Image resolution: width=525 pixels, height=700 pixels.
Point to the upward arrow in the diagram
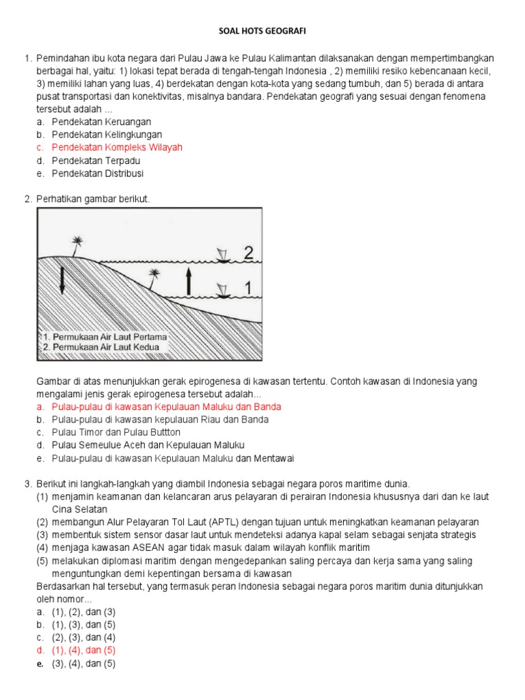188,280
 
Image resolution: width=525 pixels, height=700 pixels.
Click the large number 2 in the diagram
251,252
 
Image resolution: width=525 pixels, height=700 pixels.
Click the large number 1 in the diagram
251,289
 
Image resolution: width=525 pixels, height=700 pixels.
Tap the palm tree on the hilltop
77,245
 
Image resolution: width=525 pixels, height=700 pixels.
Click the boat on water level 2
222,256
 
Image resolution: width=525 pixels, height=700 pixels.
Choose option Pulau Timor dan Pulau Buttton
116,433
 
